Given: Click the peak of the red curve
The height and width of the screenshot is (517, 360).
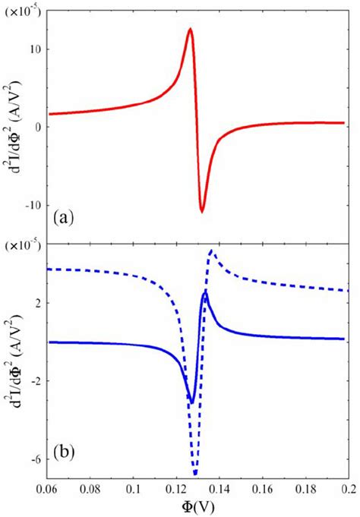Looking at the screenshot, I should (190, 29).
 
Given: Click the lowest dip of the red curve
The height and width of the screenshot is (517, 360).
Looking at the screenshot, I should (202, 211).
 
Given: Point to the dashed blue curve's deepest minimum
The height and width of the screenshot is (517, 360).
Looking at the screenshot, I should (195, 473).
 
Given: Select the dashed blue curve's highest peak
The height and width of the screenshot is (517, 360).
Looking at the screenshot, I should (211, 251).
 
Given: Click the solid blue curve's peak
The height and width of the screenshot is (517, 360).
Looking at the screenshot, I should (204, 292).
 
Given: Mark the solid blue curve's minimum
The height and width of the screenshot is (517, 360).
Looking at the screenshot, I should (191, 402).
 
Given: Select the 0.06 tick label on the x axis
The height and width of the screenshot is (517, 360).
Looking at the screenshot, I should (47, 490).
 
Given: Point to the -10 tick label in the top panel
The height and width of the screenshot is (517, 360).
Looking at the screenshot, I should (32, 205).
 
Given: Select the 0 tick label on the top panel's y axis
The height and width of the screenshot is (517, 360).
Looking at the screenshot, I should (36, 128).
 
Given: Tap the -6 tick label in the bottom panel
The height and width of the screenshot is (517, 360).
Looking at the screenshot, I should (34, 459).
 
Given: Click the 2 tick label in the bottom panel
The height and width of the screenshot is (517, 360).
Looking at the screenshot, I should (36, 303).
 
